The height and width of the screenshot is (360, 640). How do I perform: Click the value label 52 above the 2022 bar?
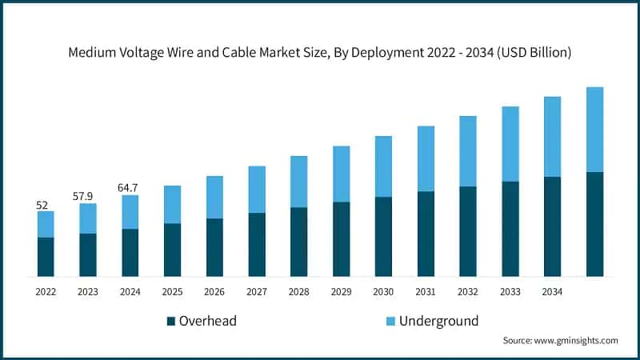click(x=42, y=205)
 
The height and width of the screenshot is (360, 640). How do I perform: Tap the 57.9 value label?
click(x=88, y=196)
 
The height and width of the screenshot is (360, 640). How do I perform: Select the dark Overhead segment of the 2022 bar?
click(x=46, y=256)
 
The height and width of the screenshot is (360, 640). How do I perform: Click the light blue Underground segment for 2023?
click(x=88, y=218)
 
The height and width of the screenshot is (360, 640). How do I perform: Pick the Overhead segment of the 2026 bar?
click(x=214, y=247)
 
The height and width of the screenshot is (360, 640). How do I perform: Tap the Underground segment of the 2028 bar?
click(x=299, y=182)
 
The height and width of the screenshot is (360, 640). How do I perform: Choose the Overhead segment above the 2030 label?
click(x=383, y=236)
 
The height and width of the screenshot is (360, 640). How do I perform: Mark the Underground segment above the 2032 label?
click(x=468, y=151)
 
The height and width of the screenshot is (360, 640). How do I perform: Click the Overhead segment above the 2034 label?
click(x=552, y=226)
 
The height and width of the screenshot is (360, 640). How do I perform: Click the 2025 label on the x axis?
click(x=172, y=292)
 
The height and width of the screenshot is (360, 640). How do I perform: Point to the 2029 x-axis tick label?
click(x=341, y=292)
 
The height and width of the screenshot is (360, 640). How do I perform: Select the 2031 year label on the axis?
click(x=426, y=292)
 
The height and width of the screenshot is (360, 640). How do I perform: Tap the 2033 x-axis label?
click(x=510, y=292)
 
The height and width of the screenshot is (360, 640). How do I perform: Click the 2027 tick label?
click(x=257, y=292)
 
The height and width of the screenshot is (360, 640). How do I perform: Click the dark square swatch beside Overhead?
click(x=171, y=322)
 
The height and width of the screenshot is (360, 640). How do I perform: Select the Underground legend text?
click(x=440, y=321)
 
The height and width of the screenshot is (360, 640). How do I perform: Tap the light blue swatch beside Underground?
click(x=390, y=322)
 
